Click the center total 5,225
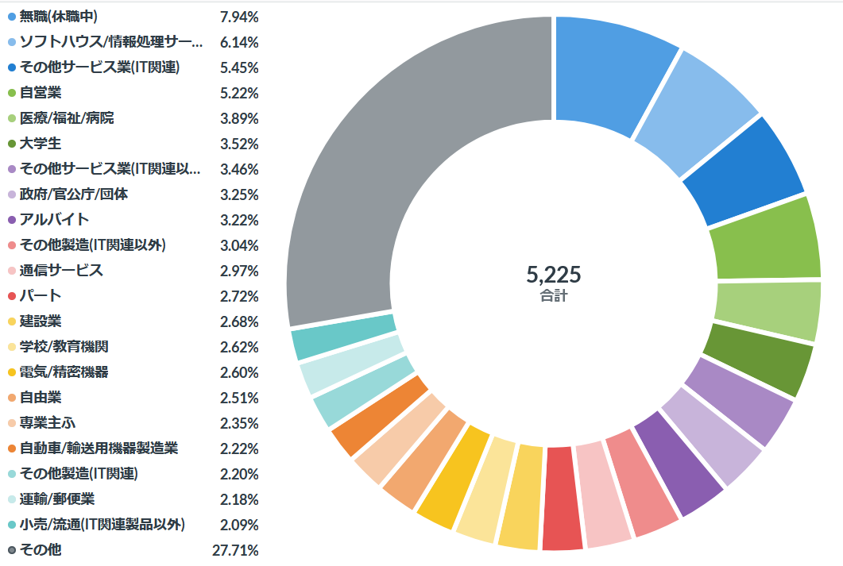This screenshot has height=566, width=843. [x=553, y=275]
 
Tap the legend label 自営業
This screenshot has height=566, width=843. [x=41, y=93]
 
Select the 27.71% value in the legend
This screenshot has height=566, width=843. [x=239, y=550]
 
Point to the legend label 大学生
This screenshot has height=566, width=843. [x=41, y=144]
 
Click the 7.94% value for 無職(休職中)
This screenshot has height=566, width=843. [x=239, y=17]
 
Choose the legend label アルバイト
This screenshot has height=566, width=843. [x=54, y=220]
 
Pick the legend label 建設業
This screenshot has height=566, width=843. [x=41, y=322]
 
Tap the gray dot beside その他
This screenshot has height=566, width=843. [x=11, y=550]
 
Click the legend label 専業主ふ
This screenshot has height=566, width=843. [x=47, y=423]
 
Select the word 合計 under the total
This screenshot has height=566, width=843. [x=553, y=297]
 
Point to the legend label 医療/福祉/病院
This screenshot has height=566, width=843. [x=67, y=118]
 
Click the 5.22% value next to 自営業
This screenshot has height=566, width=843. [x=239, y=93]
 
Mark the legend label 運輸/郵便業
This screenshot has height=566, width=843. [x=57, y=499]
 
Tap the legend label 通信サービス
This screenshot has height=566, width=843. [x=61, y=271]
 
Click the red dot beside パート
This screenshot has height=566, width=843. [x=11, y=296]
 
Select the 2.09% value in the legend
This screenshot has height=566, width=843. [x=239, y=525]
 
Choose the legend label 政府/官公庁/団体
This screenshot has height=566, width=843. [x=74, y=194]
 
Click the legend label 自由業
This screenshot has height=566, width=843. [x=41, y=398]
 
